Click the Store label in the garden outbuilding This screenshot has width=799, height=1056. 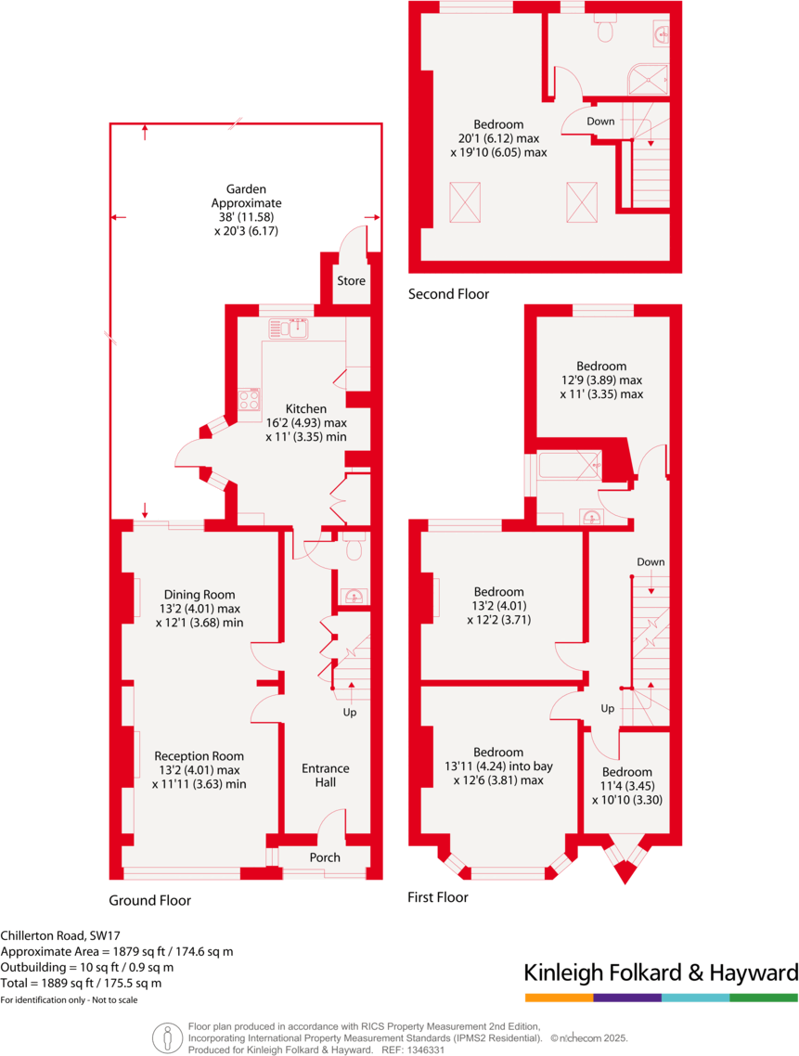351,281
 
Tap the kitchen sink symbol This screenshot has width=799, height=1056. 289,328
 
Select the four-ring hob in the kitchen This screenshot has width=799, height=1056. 250,399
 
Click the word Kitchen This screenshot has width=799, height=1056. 305,408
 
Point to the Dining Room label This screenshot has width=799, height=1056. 200,595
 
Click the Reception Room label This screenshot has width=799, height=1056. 199,755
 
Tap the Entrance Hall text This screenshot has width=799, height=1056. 325,775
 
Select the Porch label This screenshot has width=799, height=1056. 325,856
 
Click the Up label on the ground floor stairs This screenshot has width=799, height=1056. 350,713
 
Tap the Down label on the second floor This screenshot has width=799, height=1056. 600,122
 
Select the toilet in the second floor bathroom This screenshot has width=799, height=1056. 606,31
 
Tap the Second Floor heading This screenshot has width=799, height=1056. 448,294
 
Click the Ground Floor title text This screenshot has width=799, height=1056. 149,900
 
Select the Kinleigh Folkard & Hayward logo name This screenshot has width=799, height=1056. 661,972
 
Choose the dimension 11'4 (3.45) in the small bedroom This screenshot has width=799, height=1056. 626,785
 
